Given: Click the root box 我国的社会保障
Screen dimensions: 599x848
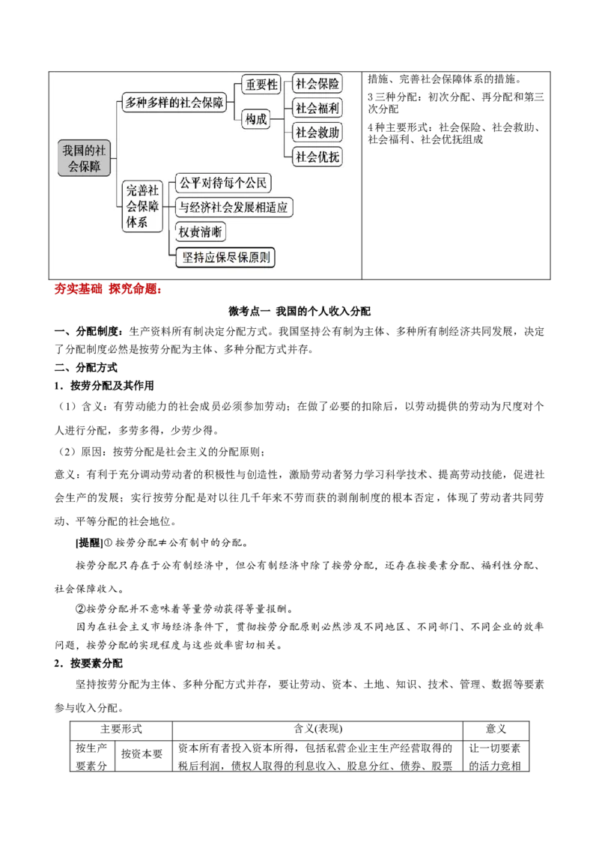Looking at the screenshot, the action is (84, 158).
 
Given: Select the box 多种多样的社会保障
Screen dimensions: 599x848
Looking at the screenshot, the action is (174, 103).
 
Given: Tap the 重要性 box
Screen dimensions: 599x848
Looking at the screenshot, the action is (261, 85).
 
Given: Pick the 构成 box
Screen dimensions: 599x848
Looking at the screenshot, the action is (257, 120).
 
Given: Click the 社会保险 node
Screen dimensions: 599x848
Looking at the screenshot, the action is (317, 84).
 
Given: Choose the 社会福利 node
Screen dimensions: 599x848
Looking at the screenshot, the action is (317, 109).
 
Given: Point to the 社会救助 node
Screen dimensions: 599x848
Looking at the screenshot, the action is (317, 133).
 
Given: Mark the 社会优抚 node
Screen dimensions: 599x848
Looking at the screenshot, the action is (317, 157).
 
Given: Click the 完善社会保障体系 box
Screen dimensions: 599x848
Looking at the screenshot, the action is (142, 207).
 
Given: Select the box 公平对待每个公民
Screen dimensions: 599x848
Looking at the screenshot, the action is (222, 183).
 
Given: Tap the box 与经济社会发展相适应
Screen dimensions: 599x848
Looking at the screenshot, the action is (233, 208).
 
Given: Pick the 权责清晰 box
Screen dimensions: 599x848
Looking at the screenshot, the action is (200, 232).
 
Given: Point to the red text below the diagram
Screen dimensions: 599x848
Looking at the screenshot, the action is (108, 289).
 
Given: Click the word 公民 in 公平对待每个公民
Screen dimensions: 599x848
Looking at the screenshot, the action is (255, 183).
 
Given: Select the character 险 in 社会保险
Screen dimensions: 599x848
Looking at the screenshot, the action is (334, 84).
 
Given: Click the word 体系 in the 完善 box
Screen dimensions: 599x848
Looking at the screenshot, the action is (136, 222).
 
